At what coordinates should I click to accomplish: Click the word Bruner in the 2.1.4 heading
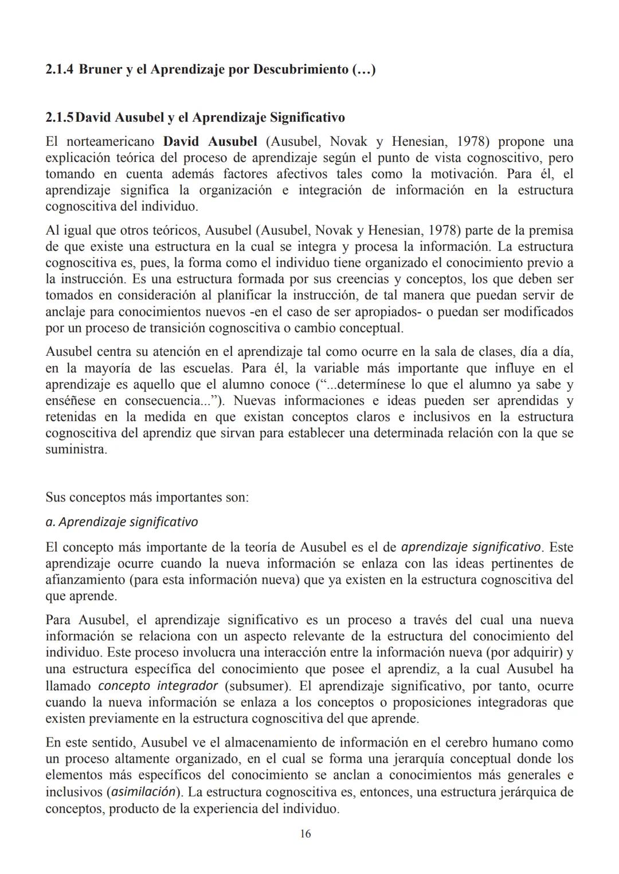[x=100, y=70]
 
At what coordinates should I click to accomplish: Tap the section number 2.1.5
[x=60, y=118]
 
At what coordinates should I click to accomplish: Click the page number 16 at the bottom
[x=305, y=834]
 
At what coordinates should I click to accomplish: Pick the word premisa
[x=547, y=231]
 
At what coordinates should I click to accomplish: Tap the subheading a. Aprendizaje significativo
[x=122, y=522]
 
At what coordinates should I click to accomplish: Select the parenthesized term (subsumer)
[x=255, y=686]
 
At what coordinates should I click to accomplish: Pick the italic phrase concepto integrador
[x=158, y=686]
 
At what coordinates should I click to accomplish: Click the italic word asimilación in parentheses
[x=143, y=792]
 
